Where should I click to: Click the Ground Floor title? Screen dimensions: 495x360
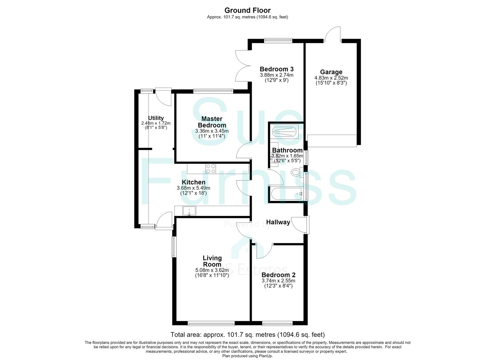(x=247, y=10)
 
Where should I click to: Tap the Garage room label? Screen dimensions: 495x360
(x=331, y=72)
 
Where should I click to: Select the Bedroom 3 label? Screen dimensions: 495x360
(x=277, y=69)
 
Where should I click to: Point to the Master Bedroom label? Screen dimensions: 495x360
(x=212, y=122)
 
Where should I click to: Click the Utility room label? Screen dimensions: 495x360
(x=156, y=118)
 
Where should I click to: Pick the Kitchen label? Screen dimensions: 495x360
(x=194, y=182)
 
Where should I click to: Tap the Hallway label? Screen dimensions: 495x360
(x=278, y=222)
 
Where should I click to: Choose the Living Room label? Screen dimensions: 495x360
(x=212, y=261)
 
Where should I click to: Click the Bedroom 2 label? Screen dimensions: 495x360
(x=278, y=275)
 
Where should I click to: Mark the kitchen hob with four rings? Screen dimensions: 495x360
(x=211, y=169)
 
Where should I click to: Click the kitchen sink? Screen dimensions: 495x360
(x=189, y=211)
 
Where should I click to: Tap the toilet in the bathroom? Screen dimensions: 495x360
(x=296, y=172)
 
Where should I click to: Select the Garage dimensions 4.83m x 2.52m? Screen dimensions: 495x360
(x=331, y=78)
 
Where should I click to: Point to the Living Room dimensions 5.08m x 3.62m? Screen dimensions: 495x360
(x=212, y=270)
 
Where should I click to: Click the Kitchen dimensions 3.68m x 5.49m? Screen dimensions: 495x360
(x=193, y=188)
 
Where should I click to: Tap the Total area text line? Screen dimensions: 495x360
(x=247, y=335)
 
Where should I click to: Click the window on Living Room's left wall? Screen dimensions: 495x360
(x=174, y=247)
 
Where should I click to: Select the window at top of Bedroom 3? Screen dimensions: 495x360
(x=278, y=41)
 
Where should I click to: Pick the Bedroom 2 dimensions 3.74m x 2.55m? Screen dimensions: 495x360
(x=278, y=281)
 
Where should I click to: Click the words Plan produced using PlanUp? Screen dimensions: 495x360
(x=247, y=356)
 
